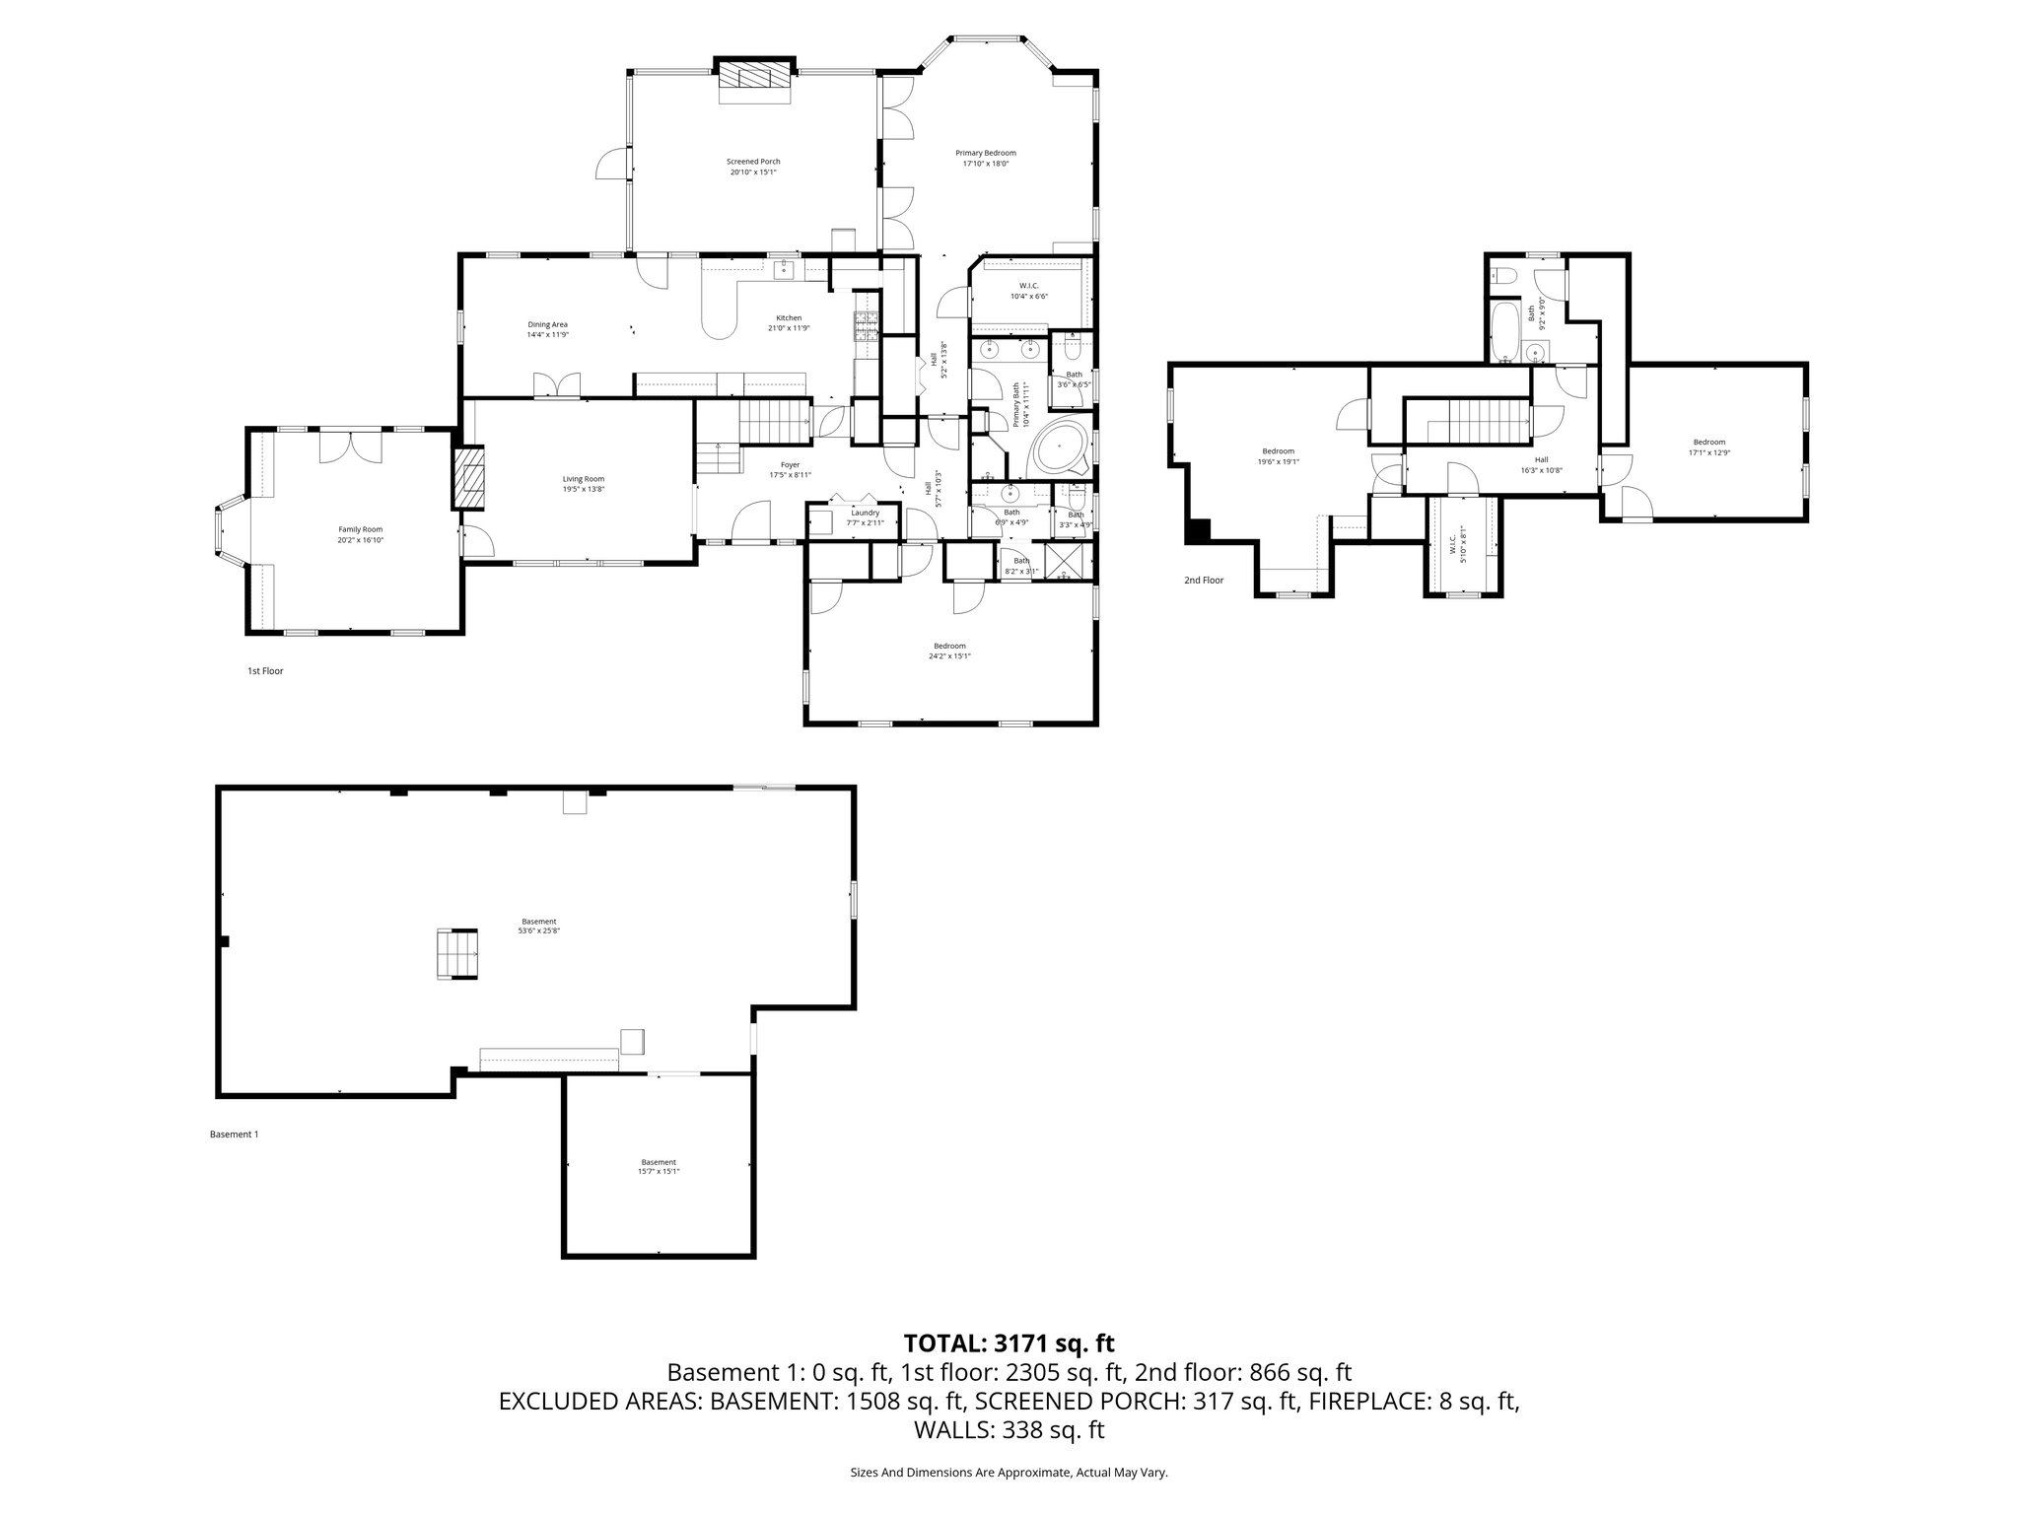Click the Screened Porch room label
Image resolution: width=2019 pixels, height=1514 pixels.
753,162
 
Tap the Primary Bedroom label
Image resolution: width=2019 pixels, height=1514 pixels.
985,153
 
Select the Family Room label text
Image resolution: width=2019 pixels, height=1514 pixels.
359,529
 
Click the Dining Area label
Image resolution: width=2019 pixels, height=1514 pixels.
547,324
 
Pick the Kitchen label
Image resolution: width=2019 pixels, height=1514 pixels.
789,317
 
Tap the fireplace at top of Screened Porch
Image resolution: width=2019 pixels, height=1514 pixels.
754,79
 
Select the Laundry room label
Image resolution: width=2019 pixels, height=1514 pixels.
865,513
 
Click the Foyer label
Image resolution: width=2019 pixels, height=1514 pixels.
790,464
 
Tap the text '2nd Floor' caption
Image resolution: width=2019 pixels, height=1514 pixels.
1203,581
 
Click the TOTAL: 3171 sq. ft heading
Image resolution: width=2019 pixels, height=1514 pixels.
1009,1342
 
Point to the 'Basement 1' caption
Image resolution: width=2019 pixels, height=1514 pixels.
234,1135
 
